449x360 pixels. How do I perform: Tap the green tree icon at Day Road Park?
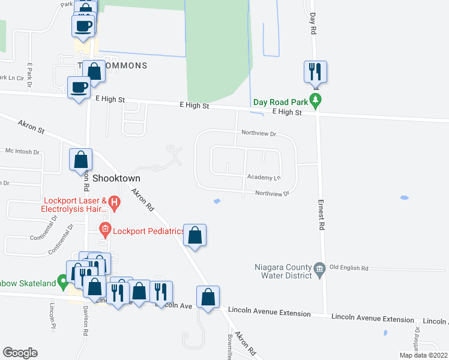pos(313,100)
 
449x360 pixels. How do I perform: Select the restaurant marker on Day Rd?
pos(315,73)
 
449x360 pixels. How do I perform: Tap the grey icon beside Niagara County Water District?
pos(319,268)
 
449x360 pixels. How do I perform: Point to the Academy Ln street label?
pos(264,178)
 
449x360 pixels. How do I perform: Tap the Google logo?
pos(20,352)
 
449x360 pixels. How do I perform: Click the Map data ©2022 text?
pos(423,355)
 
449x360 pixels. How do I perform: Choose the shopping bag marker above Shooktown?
pos(80,160)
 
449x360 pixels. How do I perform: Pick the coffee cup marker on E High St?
pos(79,88)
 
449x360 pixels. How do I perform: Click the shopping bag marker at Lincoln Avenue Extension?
pos(208,298)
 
